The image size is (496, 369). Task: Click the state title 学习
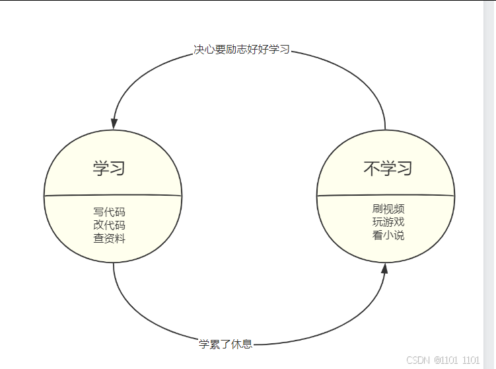109,168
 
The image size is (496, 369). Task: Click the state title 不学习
388,168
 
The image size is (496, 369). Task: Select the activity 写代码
109,212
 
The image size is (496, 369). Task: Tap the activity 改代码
109,225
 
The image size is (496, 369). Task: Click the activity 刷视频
388,209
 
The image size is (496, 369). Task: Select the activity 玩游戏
388,222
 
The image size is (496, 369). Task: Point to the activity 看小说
388,235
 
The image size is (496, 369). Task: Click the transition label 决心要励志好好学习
242,50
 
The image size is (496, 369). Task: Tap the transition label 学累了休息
225,345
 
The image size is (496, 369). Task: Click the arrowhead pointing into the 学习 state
114,124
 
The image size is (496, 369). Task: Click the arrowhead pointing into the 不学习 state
384,268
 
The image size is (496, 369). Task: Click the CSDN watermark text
443,360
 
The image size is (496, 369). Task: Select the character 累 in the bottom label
215,345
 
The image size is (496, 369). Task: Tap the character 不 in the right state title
371,168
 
